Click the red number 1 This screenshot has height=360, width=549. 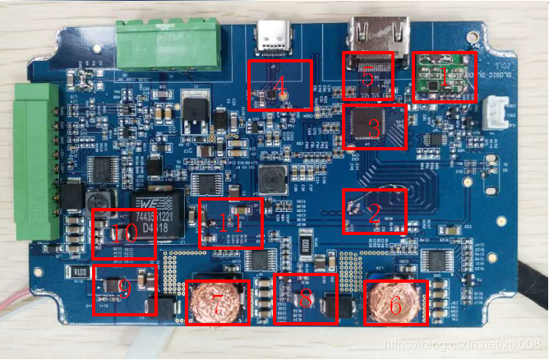[x=446, y=79]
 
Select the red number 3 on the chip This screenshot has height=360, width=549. [x=374, y=129]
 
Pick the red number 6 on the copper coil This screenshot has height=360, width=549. [x=395, y=305]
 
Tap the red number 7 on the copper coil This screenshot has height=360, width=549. [x=218, y=304]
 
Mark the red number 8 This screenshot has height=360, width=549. [x=306, y=300]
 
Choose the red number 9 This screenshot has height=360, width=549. [x=125, y=288]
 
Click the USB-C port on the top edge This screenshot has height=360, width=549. [x=271, y=36]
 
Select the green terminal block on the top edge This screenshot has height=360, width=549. [x=169, y=44]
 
